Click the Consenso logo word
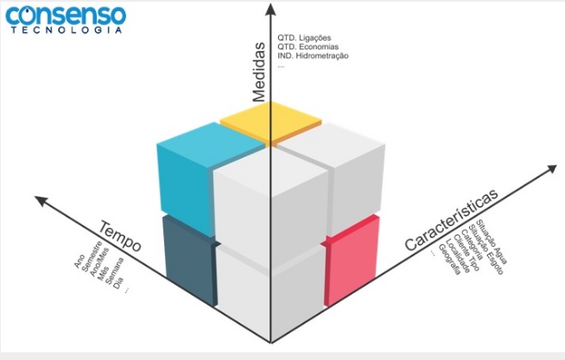[x=64, y=15]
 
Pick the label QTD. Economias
[x=307, y=47]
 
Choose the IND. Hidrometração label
[x=313, y=56]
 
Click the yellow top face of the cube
[x=271, y=122]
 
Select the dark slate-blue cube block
[x=187, y=259]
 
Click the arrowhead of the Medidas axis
[x=271, y=9]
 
